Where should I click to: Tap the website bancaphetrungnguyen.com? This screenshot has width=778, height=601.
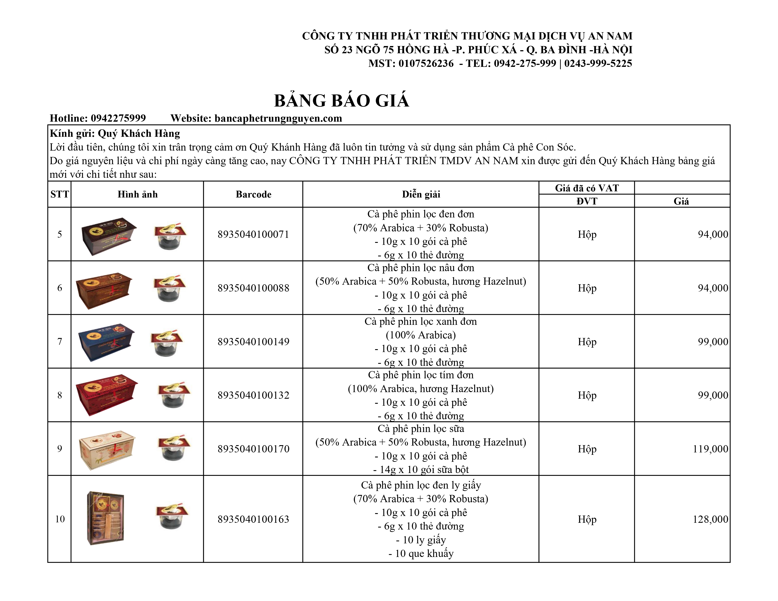278,118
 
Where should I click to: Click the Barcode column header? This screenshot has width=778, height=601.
253,194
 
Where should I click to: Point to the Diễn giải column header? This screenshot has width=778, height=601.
421,194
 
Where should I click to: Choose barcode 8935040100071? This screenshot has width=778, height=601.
253,234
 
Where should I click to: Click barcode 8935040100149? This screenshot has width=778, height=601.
253,342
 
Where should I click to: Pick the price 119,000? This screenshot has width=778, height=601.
710,449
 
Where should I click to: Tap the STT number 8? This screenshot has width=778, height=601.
59,395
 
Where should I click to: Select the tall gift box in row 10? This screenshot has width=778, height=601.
105,518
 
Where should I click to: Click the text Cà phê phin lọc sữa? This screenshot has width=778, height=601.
421,429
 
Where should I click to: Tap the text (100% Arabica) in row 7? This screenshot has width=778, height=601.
421,335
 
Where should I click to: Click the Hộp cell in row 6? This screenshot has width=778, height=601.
587,288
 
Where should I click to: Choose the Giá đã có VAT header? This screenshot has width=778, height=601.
587,188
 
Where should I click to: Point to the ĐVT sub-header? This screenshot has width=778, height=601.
587,201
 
